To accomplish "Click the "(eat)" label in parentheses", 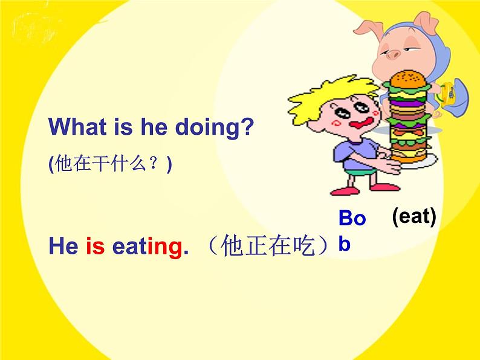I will (414, 216).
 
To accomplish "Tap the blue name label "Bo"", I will (352, 218).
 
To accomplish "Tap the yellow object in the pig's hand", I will (450, 94).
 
